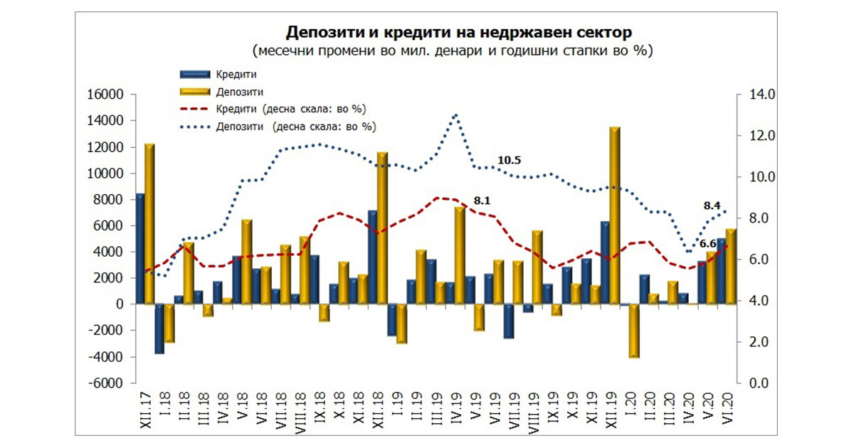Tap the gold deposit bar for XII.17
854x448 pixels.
(x=149, y=224)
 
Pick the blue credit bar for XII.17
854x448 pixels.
(x=140, y=249)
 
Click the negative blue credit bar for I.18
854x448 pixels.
(x=159, y=329)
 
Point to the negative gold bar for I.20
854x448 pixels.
(x=634, y=331)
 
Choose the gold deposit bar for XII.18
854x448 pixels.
(x=382, y=228)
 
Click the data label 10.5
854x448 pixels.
(x=509, y=161)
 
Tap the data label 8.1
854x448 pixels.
(x=482, y=201)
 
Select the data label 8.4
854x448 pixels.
(x=712, y=206)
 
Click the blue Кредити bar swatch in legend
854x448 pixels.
(x=195, y=74)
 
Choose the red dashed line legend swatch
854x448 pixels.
(x=195, y=109)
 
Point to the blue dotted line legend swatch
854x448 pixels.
(x=195, y=127)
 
